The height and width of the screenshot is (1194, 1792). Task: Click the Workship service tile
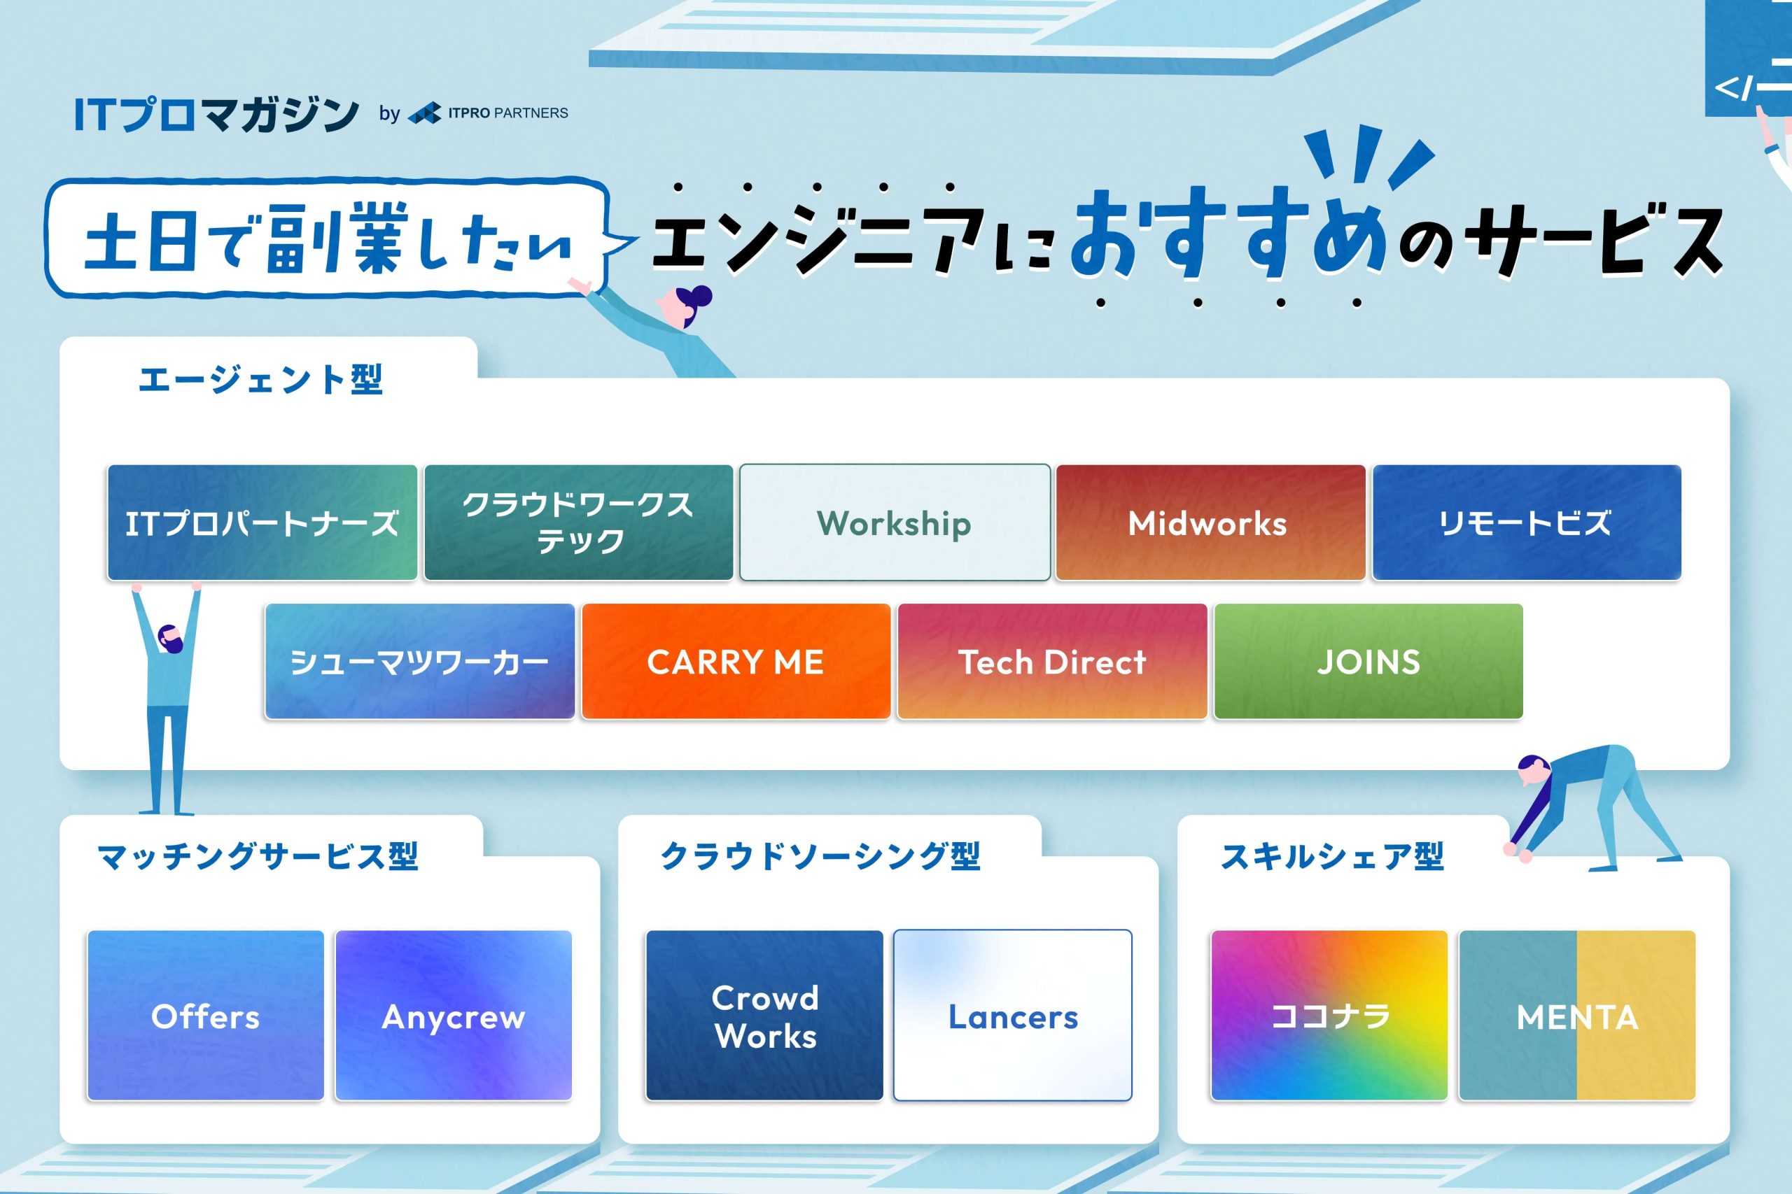click(x=895, y=523)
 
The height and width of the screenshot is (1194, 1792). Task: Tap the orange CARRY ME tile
click(x=736, y=661)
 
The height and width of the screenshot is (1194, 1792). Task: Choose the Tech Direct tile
click(x=1052, y=661)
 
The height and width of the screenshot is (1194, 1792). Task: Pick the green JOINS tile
click(x=1368, y=661)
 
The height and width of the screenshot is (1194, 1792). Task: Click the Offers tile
click(x=206, y=1015)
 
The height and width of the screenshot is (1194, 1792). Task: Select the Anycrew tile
click(x=454, y=1015)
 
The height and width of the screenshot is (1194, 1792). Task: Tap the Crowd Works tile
click(x=764, y=1015)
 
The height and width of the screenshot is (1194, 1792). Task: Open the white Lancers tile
click(x=1013, y=1015)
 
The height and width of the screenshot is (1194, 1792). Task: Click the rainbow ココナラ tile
click(x=1329, y=1015)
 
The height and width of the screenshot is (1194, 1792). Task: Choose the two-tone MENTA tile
click(x=1577, y=1015)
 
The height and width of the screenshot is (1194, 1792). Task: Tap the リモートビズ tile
click(x=1527, y=523)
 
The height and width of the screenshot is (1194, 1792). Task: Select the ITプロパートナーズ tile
click(x=262, y=523)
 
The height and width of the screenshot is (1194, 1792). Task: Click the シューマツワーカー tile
click(x=420, y=661)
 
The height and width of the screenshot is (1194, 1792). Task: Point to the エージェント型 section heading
click(x=260, y=379)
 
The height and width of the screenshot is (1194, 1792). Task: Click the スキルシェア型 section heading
click(x=1332, y=856)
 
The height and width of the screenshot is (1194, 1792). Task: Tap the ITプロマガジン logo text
click(x=216, y=114)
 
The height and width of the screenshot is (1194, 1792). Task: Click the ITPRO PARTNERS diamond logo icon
click(x=425, y=113)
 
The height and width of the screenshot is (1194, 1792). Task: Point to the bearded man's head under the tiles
click(x=169, y=638)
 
